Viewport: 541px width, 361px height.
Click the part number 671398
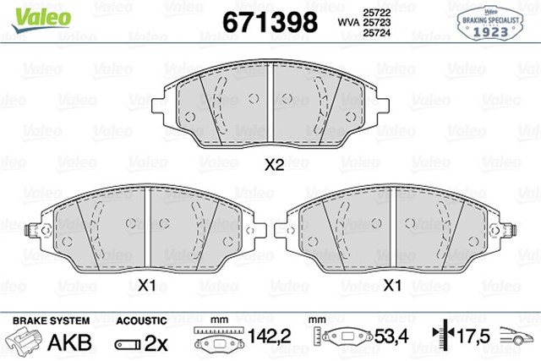(x=269, y=21)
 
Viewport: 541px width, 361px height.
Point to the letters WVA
(x=347, y=21)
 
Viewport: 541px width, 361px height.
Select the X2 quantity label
(x=272, y=166)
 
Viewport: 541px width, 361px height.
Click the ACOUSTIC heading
(x=140, y=320)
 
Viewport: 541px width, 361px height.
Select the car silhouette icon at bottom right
(x=516, y=336)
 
